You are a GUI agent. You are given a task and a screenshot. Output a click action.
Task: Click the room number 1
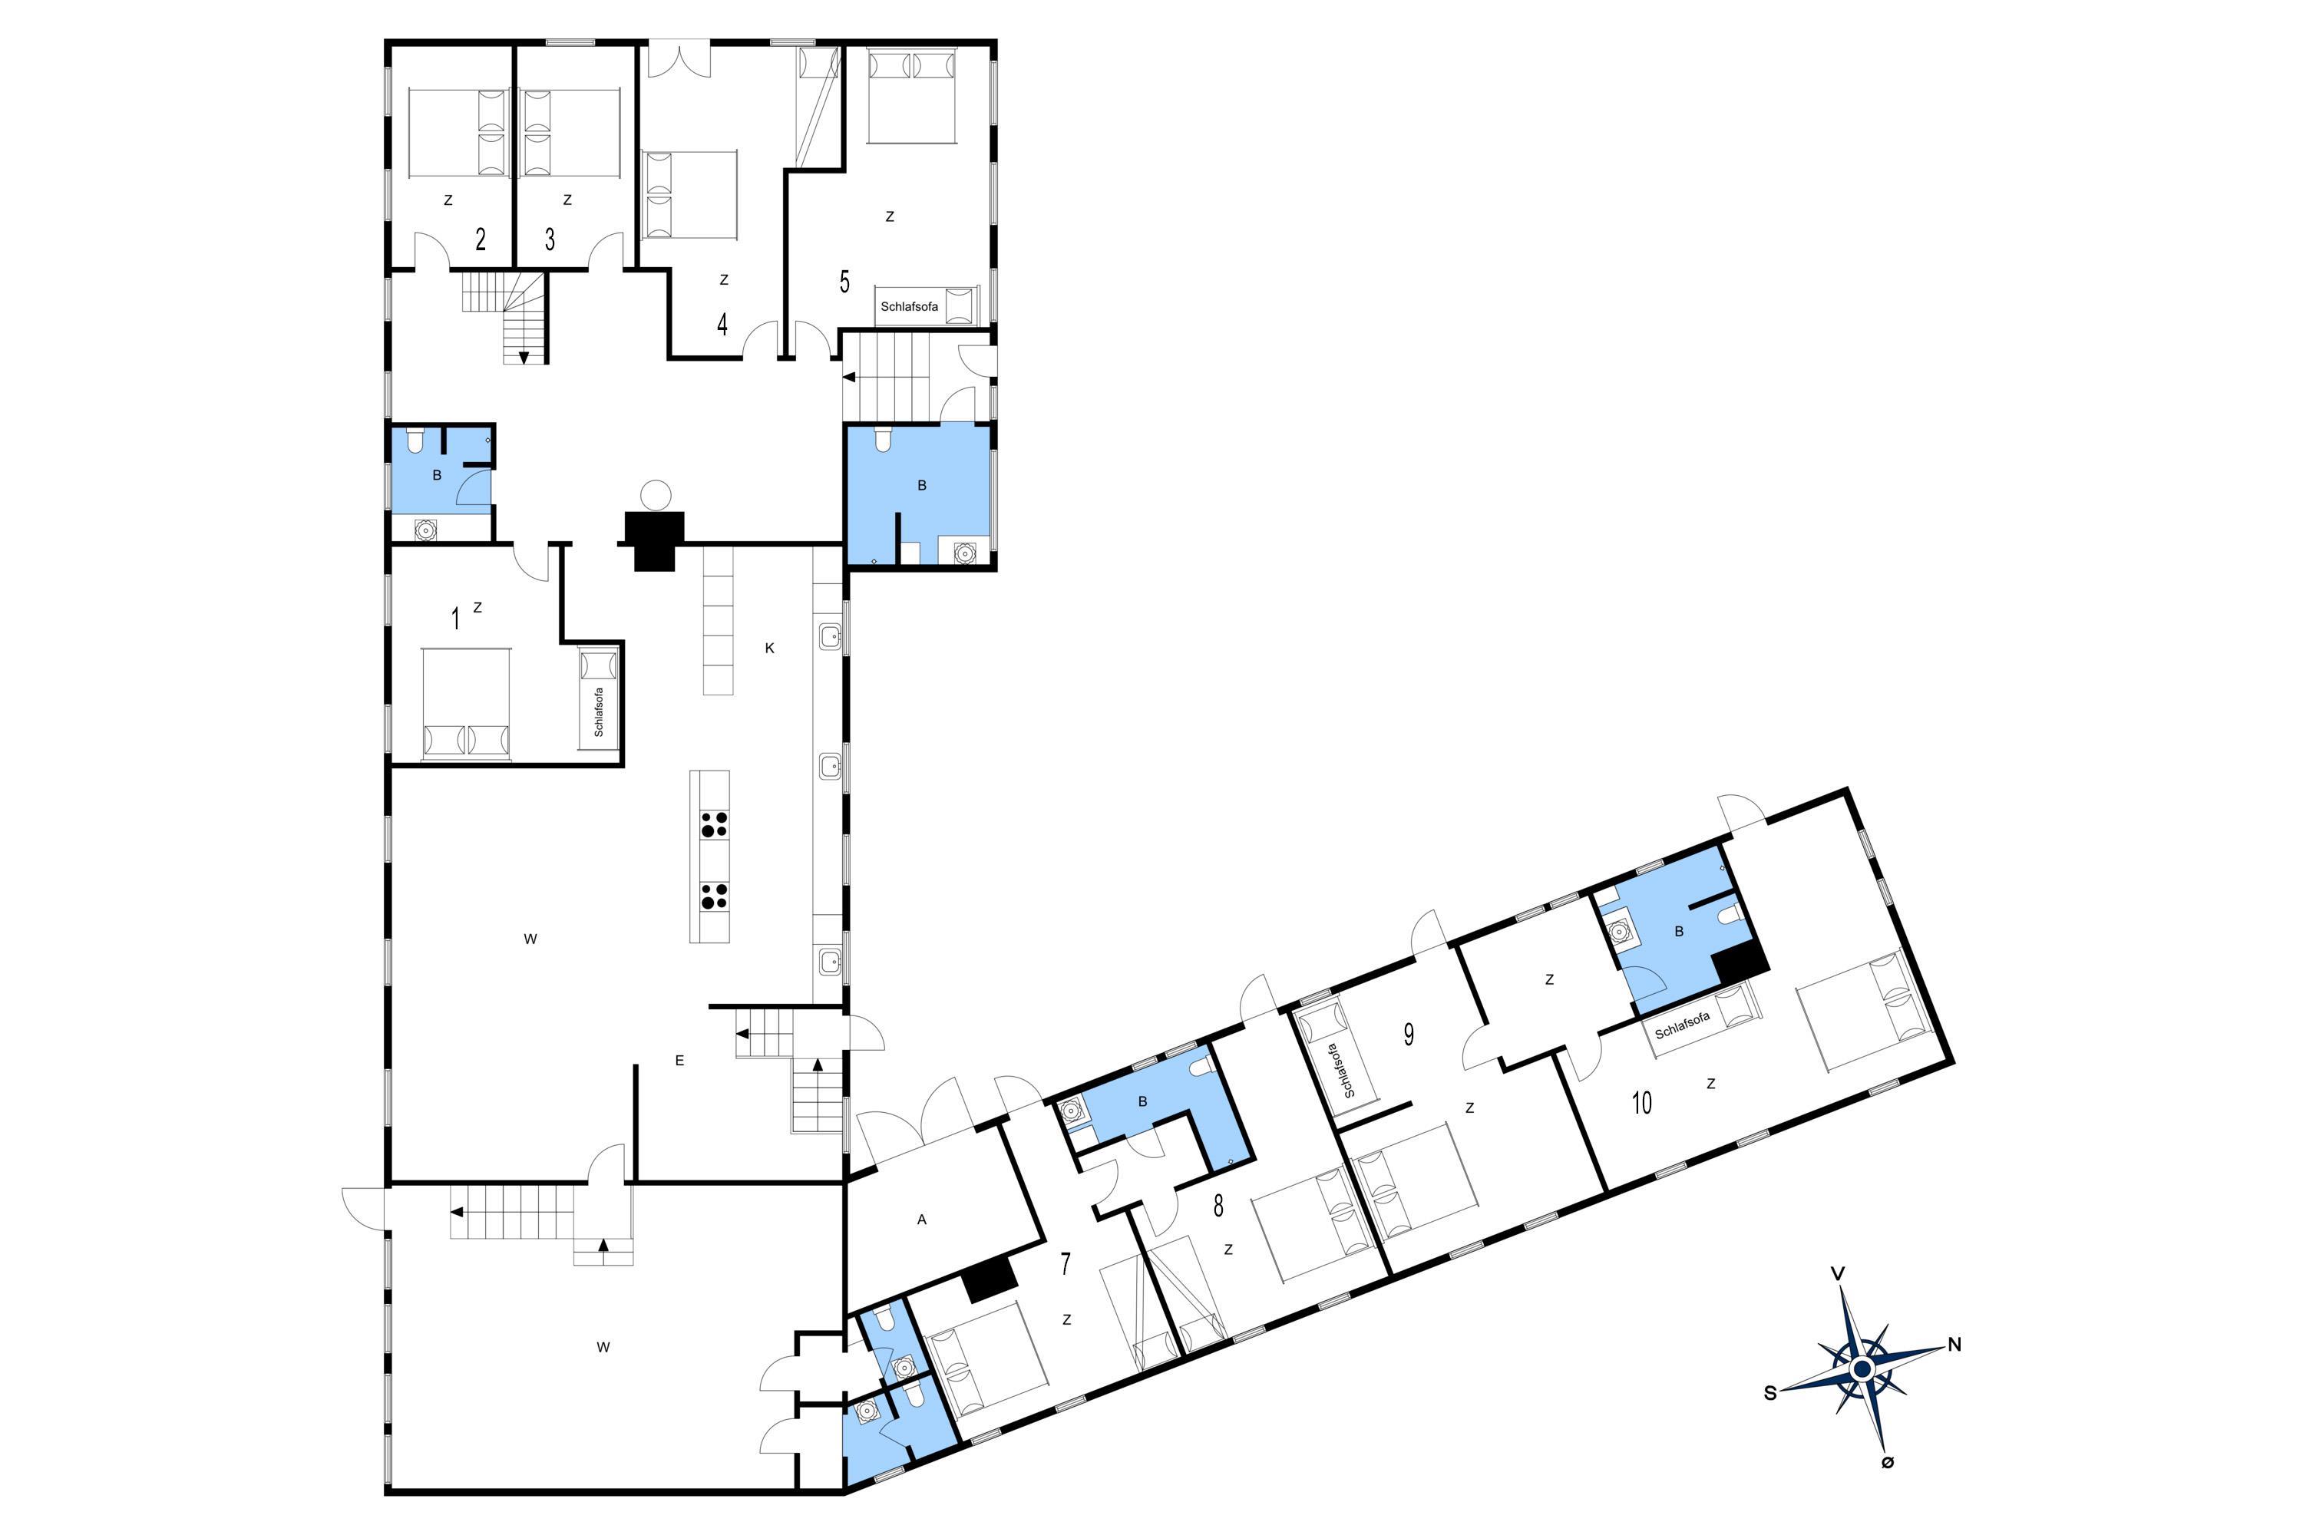454,619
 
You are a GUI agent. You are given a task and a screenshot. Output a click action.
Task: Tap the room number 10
1642,1104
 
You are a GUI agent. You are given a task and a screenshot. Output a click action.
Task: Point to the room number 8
1218,1206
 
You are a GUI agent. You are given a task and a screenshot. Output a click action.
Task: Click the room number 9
1408,1035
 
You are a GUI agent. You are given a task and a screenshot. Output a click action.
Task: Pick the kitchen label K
770,648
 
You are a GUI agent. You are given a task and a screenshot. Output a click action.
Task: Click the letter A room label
921,1220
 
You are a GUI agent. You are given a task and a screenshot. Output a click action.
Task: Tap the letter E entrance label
679,1060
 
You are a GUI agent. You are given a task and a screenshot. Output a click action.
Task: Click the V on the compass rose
1838,1273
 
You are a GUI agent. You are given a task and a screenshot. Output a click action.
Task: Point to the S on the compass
1770,1393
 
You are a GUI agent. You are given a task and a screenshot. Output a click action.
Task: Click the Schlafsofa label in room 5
909,306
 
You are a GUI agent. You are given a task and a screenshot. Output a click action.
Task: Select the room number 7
1066,1264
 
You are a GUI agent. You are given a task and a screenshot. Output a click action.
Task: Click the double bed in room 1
466,704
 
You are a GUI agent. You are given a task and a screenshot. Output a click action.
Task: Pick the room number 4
722,325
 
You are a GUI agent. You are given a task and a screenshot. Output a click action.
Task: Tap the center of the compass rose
1862,1368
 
